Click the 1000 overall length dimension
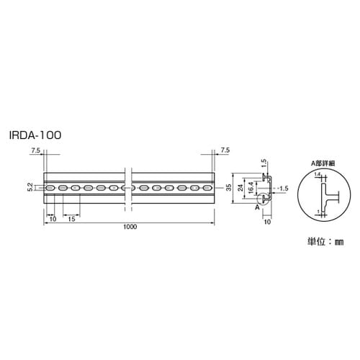tap(130, 227)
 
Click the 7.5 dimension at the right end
tap(225, 150)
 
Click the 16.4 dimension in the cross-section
tap(250, 189)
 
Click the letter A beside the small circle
tap(257, 206)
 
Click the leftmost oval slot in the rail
tap(50, 189)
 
